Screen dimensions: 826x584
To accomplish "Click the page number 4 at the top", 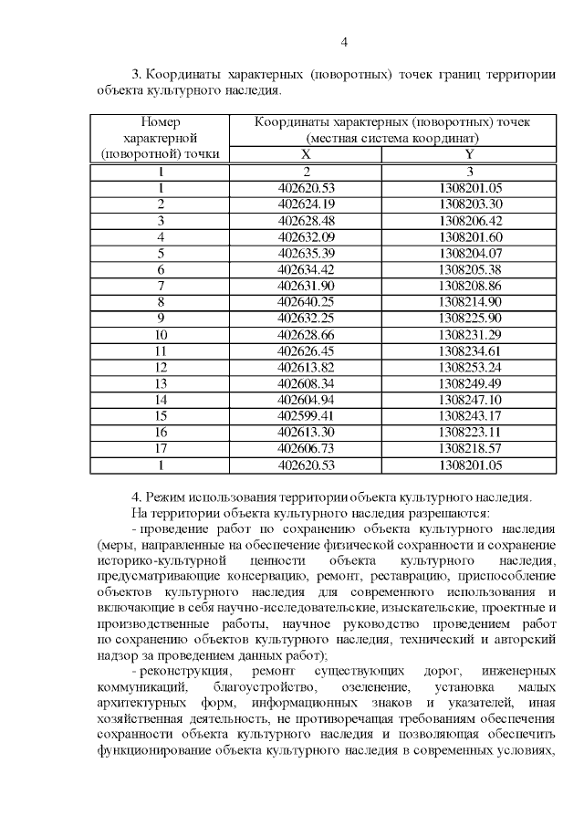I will pyautogui.click(x=344, y=41).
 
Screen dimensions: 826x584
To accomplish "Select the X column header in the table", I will pyautogui.click(x=307, y=154).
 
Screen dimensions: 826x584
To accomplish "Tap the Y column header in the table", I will pyautogui.click(x=469, y=154).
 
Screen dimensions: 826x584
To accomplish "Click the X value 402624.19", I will pyautogui.click(x=307, y=204).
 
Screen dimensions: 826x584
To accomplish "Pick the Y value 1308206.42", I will pyautogui.click(x=470, y=220).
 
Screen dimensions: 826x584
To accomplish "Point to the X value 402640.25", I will pyautogui.click(x=307, y=301).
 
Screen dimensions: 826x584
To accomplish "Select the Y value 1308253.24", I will pyautogui.click(x=470, y=366).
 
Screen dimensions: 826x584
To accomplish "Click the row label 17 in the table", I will pyautogui.click(x=161, y=448).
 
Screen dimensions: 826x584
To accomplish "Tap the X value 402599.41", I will pyautogui.click(x=307, y=415).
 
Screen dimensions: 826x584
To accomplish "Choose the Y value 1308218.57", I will pyautogui.click(x=470, y=448).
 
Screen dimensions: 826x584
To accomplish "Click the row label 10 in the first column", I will pyautogui.click(x=161, y=334).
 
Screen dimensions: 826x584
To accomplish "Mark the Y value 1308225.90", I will pyautogui.click(x=470, y=318).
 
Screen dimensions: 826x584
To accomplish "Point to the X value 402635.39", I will pyautogui.click(x=307, y=253).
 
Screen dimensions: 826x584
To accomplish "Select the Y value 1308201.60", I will pyautogui.click(x=470, y=236).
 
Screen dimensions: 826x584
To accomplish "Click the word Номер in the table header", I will pyautogui.click(x=161, y=121).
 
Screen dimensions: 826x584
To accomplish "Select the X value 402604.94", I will pyautogui.click(x=307, y=399).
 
